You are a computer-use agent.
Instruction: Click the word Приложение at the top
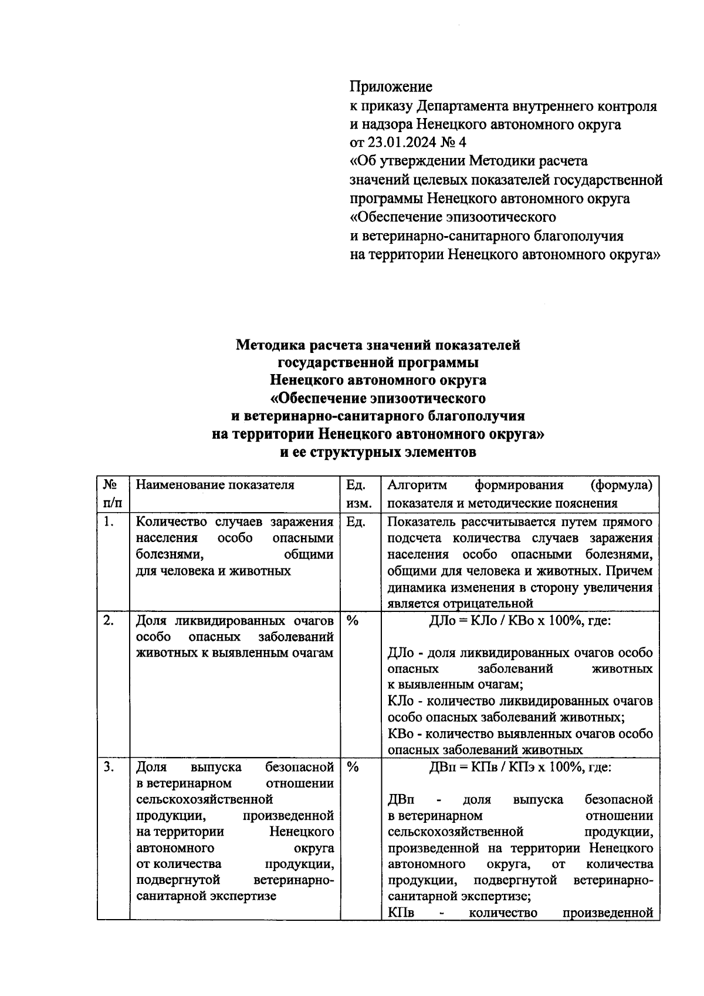click(x=391, y=87)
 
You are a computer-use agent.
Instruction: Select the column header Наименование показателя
click(x=215, y=485)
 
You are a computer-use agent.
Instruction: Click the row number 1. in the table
click(x=108, y=521)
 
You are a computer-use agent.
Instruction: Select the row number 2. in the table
click(x=108, y=620)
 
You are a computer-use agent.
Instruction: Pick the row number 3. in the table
click(x=108, y=767)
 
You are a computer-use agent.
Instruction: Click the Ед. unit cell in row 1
click(x=356, y=521)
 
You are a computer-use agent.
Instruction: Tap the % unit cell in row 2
click(x=353, y=620)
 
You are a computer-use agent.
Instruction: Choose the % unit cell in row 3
click(x=353, y=767)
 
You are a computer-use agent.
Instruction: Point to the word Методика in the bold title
click(x=270, y=345)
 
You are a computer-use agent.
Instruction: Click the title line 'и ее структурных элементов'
click(x=378, y=453)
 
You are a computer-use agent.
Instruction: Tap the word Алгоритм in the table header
click(x=417, y=485)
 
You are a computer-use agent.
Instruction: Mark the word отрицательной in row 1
click(x=490, y=603)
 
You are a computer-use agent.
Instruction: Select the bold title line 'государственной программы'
click(x=378, y=363)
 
